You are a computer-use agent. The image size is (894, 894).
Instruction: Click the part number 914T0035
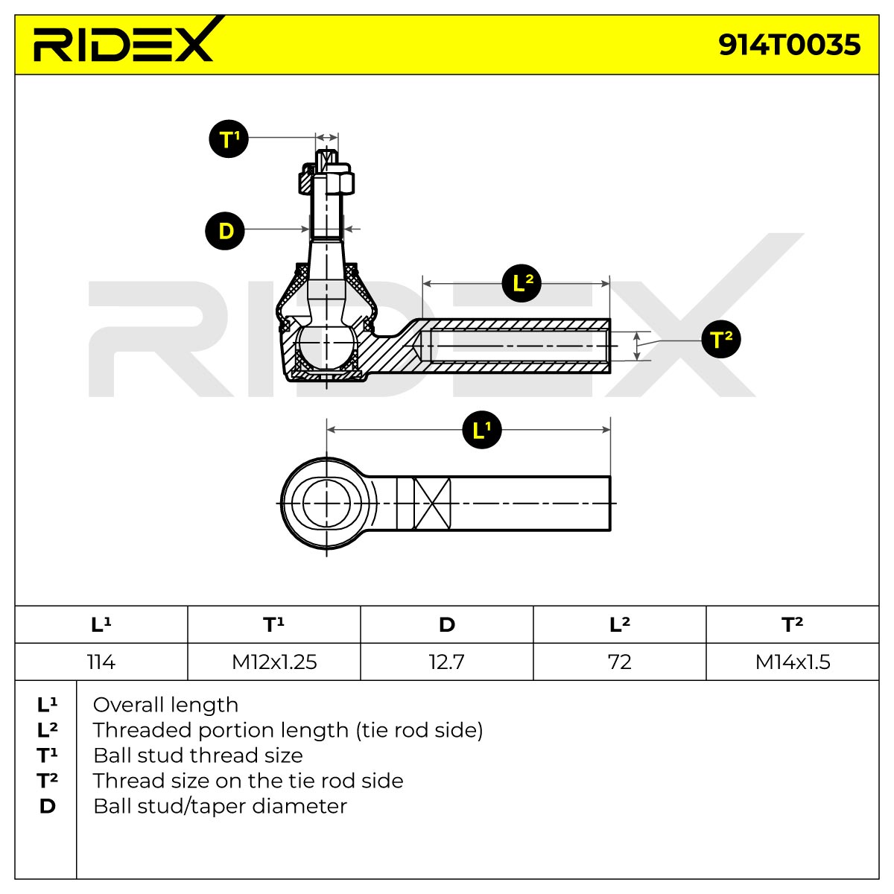(790, 45)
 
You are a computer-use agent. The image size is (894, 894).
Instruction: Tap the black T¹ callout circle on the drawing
(229, 139)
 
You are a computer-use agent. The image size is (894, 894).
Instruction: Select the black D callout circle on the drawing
(225, 230)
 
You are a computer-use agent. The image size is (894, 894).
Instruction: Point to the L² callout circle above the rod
(522, 282)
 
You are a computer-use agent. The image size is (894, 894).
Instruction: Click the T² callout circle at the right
(721, 339)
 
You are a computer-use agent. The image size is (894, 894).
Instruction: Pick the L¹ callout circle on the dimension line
(482, 430)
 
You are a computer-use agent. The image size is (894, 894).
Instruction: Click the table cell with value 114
(101, 662)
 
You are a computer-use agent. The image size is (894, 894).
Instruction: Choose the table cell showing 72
(619, 662)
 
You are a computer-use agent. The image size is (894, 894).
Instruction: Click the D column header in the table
(447, 624)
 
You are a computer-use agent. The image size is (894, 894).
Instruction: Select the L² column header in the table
(619, 624)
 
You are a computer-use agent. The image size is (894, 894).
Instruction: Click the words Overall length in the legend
(165, 706)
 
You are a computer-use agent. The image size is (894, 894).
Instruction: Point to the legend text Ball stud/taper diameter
(220, 807)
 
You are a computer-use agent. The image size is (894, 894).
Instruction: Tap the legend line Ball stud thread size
(198, 756)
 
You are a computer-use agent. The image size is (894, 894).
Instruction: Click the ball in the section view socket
(326, 343)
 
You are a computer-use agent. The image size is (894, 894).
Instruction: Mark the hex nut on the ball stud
(326, 180)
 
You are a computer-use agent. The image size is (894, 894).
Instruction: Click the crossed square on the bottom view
(431, 504)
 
